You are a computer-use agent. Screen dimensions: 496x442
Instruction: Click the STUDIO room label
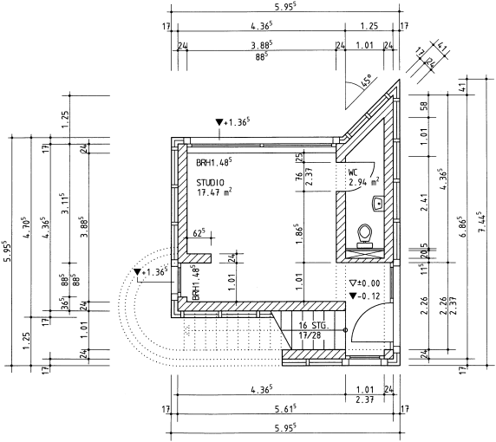[x=211, y=183]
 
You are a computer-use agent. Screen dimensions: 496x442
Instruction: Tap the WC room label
[x=353, y=172]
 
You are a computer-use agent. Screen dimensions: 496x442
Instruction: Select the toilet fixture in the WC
[x=365, y=237]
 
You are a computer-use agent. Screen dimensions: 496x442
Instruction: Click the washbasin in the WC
[x=378, y=204]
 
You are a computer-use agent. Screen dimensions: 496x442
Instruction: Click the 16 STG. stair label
[x=314, y=325]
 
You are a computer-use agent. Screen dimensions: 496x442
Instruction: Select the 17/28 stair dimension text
[x=310, y=335]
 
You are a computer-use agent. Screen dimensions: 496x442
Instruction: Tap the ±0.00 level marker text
[x=369, y=283]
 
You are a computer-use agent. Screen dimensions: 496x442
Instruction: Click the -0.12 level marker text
[x=369, y=296]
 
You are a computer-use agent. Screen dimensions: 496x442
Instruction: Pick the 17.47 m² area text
[x=214, y=192]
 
